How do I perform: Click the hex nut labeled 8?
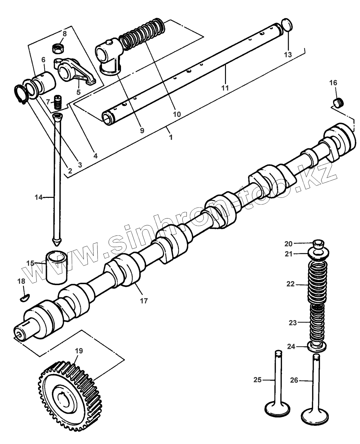[x=59, y=48]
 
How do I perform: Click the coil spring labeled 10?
[x=142, y=34]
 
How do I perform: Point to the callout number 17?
[x=144, y=300]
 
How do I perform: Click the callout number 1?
[x=171, y=137]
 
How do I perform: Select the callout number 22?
[x=290, y=284]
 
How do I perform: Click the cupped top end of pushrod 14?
[x=59, y=117]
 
